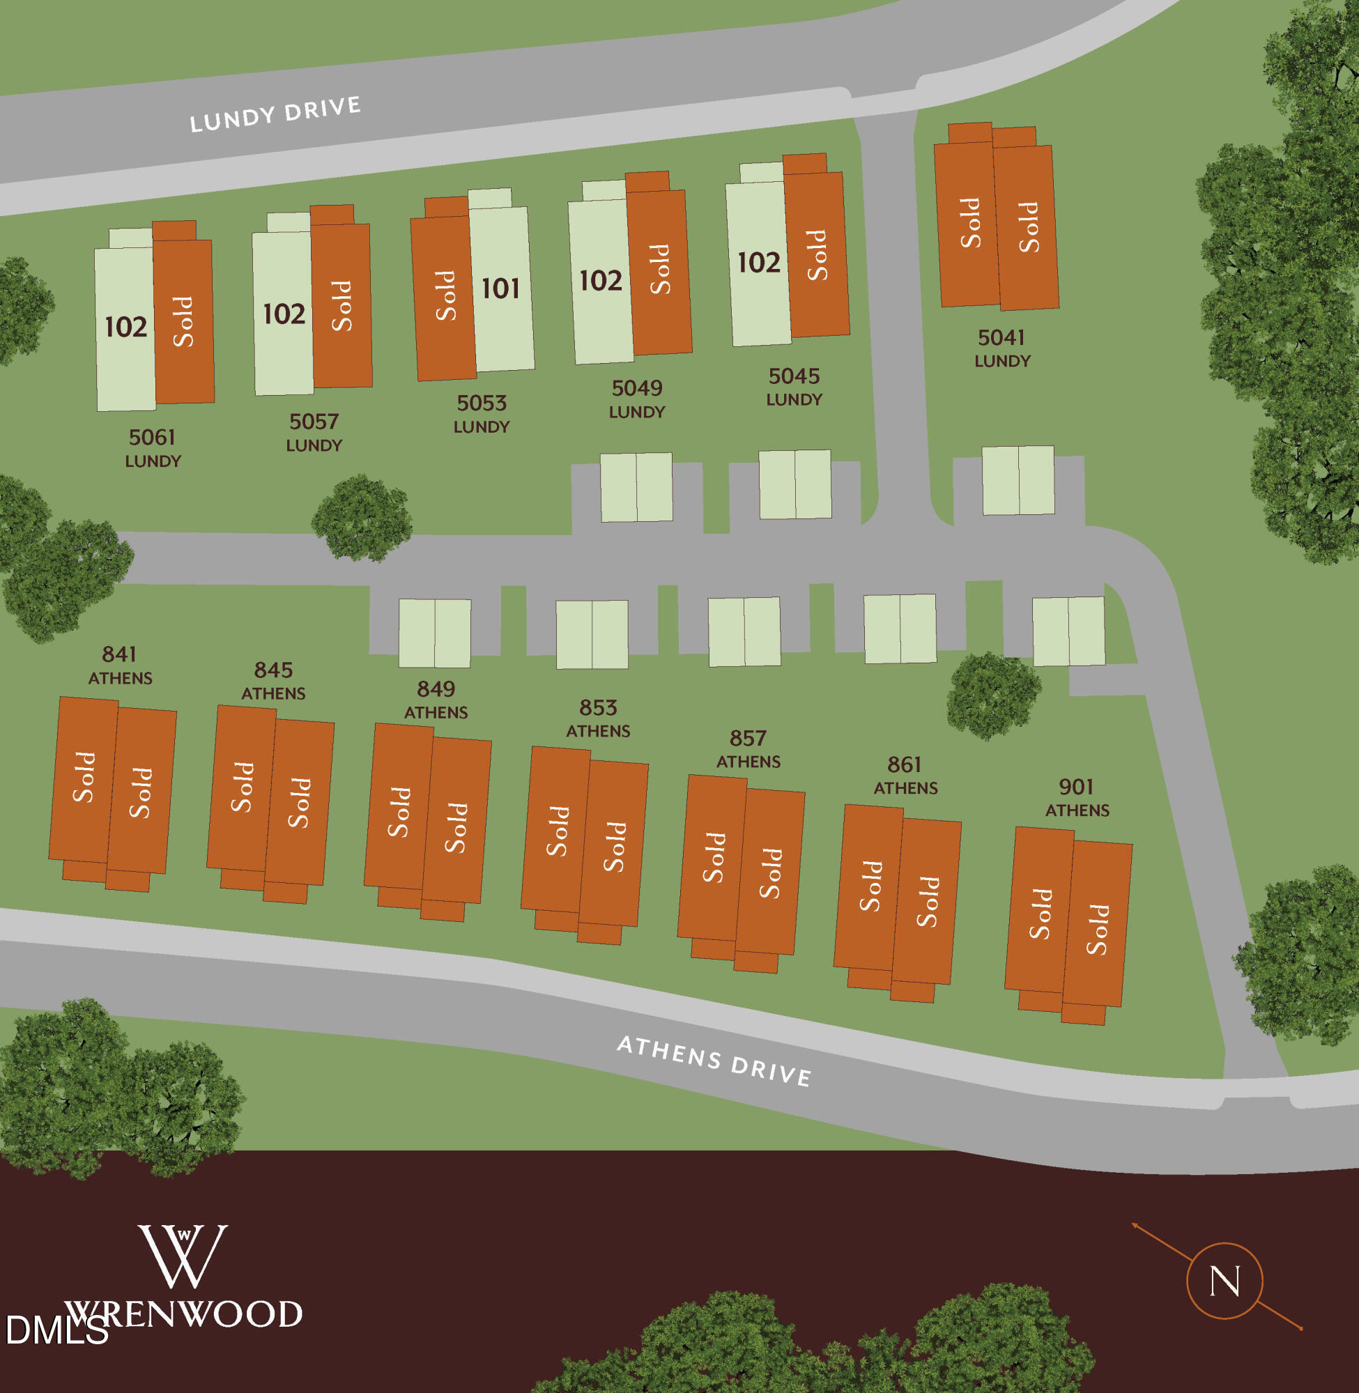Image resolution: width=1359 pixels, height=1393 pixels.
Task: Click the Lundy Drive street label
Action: [275, 114]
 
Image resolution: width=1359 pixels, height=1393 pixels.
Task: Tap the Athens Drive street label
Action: [714, 1061]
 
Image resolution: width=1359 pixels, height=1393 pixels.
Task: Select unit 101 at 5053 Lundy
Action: [501, 289]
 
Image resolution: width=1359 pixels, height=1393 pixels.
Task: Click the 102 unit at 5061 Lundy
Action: [125, 328]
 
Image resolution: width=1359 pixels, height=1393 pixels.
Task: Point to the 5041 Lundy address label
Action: [1001, 348]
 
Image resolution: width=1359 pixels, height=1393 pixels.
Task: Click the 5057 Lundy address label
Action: [314, 433]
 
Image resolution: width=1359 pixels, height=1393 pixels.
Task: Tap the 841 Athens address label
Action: [120, 665]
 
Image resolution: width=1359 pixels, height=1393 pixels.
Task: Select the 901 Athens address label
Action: [1076, 798]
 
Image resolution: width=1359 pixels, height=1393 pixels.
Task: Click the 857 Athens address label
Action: [748, 749]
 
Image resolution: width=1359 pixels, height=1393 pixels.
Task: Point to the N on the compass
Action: [1224, 1281]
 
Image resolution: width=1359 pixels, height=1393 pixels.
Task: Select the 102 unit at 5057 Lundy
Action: [284, 315]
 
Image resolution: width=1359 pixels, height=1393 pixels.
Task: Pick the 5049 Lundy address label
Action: [637, 399]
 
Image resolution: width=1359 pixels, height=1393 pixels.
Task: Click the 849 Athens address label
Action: [436, 700]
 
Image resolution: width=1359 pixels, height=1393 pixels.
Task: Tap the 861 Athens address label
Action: [905, 776]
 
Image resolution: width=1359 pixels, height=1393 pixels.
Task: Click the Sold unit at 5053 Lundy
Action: [445, 295]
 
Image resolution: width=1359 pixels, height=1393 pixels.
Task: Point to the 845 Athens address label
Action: [273, 681]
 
